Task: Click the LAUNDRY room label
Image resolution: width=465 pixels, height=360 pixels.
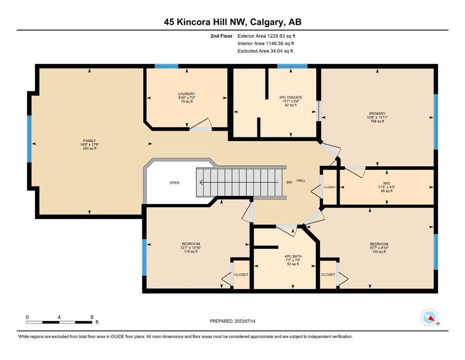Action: click(186, 94)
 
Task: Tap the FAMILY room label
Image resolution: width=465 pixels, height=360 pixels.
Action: click(89, 141)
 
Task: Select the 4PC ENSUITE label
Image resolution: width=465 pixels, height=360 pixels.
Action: click(291, 97)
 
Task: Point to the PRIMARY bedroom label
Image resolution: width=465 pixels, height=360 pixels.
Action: click(377, 113)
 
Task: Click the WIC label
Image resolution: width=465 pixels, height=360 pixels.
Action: click(386, 183)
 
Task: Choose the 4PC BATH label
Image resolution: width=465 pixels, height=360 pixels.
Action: click(293, 256)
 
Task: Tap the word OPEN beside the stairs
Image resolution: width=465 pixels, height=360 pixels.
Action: click(174, 183)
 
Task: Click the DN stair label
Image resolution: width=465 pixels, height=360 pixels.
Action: click(289, 182)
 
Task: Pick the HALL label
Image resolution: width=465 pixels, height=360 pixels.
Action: click(301, 180)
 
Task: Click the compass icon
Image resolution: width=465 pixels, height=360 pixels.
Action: click(429, 317)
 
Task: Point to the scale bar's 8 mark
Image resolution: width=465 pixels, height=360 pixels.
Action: click(92, 317)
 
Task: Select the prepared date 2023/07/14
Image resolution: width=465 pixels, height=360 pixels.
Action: click(244, 321)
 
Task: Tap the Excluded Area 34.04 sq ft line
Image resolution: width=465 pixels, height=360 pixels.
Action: click(265, 51)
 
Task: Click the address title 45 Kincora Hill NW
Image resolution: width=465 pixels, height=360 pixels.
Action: click(205, 22)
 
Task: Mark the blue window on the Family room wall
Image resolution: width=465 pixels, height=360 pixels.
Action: click(30, 139)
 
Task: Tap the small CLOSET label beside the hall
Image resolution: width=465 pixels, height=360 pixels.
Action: click(330, 187)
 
